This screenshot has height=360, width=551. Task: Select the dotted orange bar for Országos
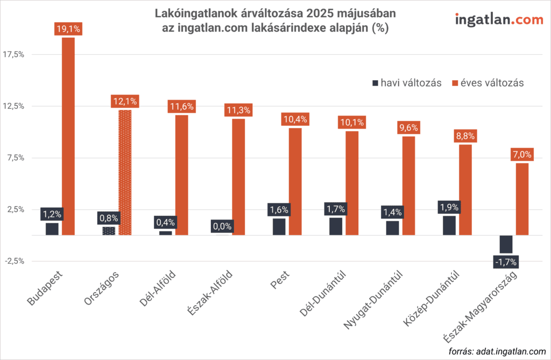pyautogui.click(x=125, y=172)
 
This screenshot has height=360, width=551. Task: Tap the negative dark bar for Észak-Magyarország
pyautogui.click(x=506, y=244)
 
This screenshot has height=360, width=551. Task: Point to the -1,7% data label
pyautogui.click(x=505, y=262)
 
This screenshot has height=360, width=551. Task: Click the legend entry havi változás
pyautogui.click(x=406, y=83)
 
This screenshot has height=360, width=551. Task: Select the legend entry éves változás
pyautogui.click(x=488, y=83)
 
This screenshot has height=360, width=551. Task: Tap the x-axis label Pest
pyautogui.click(x=278, y=284)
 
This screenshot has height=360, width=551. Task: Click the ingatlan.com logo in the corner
pyautogui.click(x=491, y=20)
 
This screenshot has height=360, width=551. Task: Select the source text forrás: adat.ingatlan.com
pyautogui.click(x=494, y=351)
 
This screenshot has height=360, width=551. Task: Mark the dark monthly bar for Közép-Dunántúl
pyautogui.click(x=449, y=225)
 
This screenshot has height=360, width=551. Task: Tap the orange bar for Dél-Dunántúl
pyautogui.click(x=352, y=183)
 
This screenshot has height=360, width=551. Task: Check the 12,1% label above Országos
pyautogui.click(x=125, y=101)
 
